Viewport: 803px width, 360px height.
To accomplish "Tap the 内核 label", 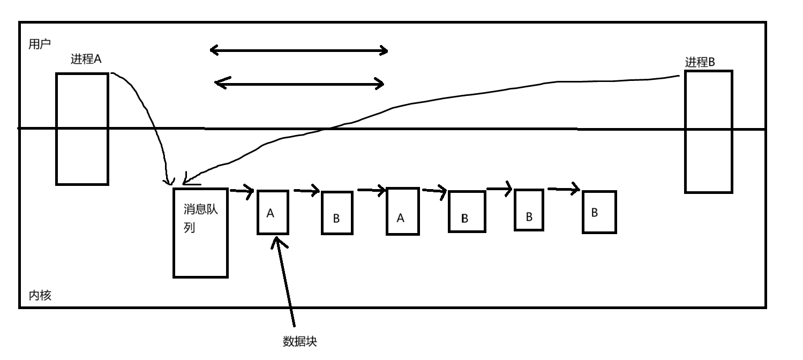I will tap(40, 295).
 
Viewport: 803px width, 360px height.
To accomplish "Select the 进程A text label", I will tap(86, 59).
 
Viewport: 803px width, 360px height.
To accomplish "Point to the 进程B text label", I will tap(700, 62).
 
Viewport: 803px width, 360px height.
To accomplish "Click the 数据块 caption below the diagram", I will tap(299, 341).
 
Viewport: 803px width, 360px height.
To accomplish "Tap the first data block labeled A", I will tap(273, 212).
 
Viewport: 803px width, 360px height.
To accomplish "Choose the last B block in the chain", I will tap(599, 212).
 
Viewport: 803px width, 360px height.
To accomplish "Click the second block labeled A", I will tap(402, 211).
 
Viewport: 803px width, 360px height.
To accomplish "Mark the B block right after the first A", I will tap(337, 213).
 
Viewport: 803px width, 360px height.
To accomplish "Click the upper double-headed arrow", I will tap(298, 51).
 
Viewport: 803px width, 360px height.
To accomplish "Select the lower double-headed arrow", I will tap(299, 84).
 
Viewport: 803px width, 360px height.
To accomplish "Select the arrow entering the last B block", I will tap(564, 189).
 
